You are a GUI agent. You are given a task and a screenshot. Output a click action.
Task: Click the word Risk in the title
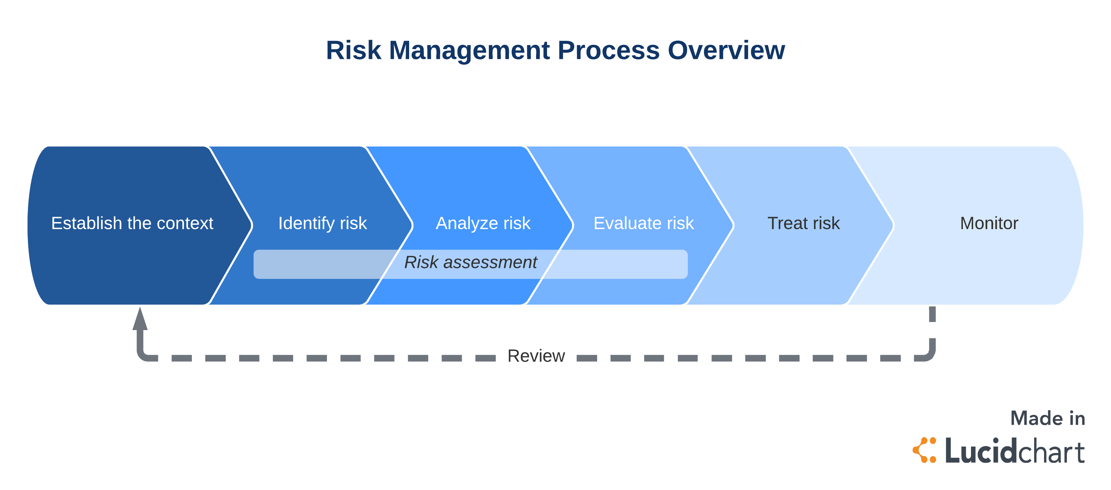tap(353, 50)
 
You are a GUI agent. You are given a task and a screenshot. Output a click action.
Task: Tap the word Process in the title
tap(608, 50)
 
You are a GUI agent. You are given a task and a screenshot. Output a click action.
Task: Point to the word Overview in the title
tap(726, 50)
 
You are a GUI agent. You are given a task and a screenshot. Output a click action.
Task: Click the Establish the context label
tap(132, 223)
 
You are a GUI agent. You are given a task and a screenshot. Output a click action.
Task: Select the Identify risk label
tap(323, 223)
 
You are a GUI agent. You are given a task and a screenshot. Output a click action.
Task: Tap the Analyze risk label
tap(483, 223)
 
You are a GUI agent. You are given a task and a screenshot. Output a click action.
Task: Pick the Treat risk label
tap(803, 223)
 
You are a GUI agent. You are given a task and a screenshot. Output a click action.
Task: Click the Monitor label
tap(989, 223)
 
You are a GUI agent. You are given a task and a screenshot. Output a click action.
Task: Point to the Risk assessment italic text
tap(470, 262)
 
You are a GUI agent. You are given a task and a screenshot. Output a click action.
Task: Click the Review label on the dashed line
tap(536, 356)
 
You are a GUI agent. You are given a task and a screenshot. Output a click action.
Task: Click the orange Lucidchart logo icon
tap(925, 450)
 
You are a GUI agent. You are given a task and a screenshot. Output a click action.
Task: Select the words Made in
tap(1048, 418)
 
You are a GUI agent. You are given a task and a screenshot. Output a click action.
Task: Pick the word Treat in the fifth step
tap(788, 223)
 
